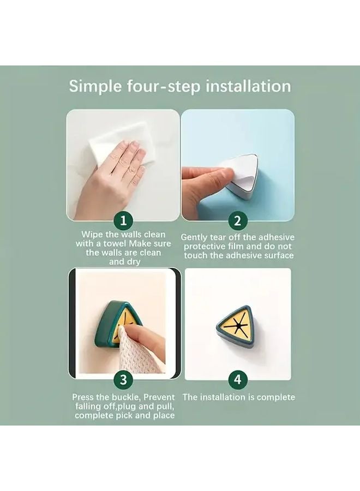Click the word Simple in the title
[95, 86]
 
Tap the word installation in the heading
[248, 86]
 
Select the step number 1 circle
[124, 221]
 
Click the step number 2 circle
[238, 221]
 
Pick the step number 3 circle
[124, 380]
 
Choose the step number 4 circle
[238, 380]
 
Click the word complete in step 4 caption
[276, 398]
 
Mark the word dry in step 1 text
[133, 262]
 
